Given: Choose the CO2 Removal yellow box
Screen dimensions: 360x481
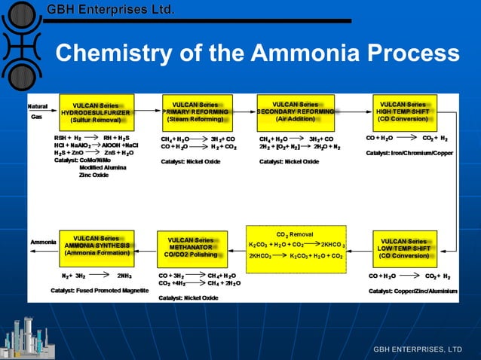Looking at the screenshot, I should pos(296,245).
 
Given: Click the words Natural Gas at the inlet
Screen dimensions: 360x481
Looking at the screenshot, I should pos(38,111).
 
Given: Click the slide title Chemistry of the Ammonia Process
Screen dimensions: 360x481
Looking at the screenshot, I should pos(257,53).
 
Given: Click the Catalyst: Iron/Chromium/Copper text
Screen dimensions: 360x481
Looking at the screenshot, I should pos(409,153).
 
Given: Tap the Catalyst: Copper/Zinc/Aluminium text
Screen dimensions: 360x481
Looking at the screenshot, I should pos(412,290).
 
